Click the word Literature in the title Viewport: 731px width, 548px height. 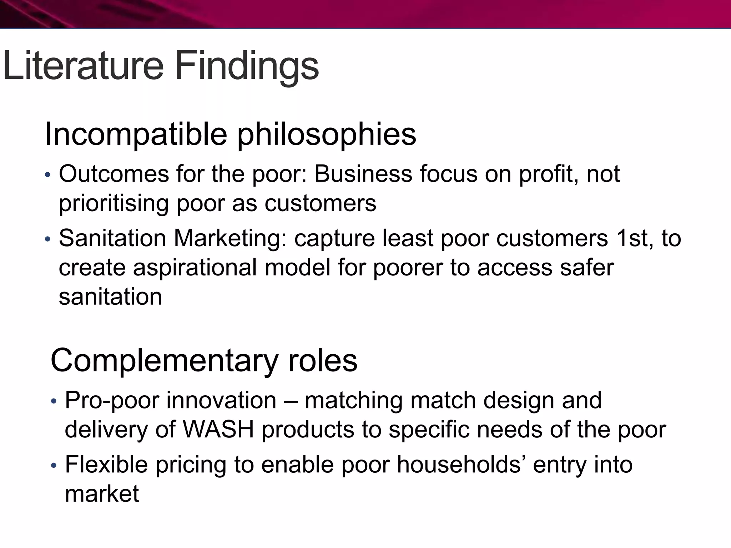(x=83, y=66)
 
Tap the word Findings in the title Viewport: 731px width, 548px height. (x=247, y=66)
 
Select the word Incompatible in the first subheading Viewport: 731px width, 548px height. (x=136, y=135)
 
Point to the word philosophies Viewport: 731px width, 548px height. (x=327, y=135)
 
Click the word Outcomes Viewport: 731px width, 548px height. (x=114, y=174)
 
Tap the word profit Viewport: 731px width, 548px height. (x=548, y=174)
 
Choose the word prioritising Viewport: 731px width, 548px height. (x=114, y=203)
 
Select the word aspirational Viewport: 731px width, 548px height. (x=195, y=268)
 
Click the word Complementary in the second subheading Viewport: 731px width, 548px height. (x=164, y=360)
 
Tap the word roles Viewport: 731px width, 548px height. (x=323, y=360)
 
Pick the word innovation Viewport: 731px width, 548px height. (x=221, y=400)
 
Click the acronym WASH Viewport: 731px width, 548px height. (x=218, y=430)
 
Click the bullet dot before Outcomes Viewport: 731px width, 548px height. (x=48, y=175)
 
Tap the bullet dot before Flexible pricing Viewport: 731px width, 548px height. (x=54, y=466)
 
